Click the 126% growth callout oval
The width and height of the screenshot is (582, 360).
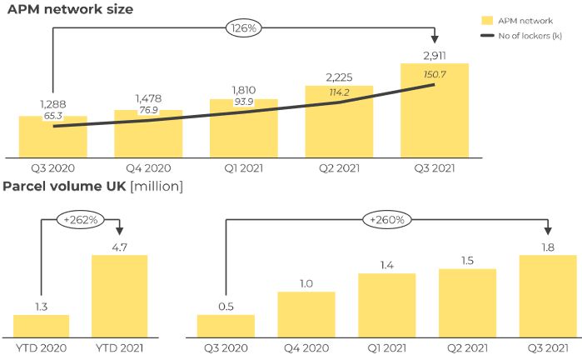pyautogui.click(x=243, y=28)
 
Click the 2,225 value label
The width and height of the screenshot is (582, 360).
pyautogui.click(x=339, y=78)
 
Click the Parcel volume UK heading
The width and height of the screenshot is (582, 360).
pyautogui.click(x=92, y=186)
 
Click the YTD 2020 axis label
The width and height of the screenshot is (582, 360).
pyautogui.click(x=42, y=347)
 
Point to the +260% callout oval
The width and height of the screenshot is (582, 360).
pyautogui.click(x=386, y=221)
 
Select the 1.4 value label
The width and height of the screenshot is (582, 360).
pyautogui.click(x=387, y=264)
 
